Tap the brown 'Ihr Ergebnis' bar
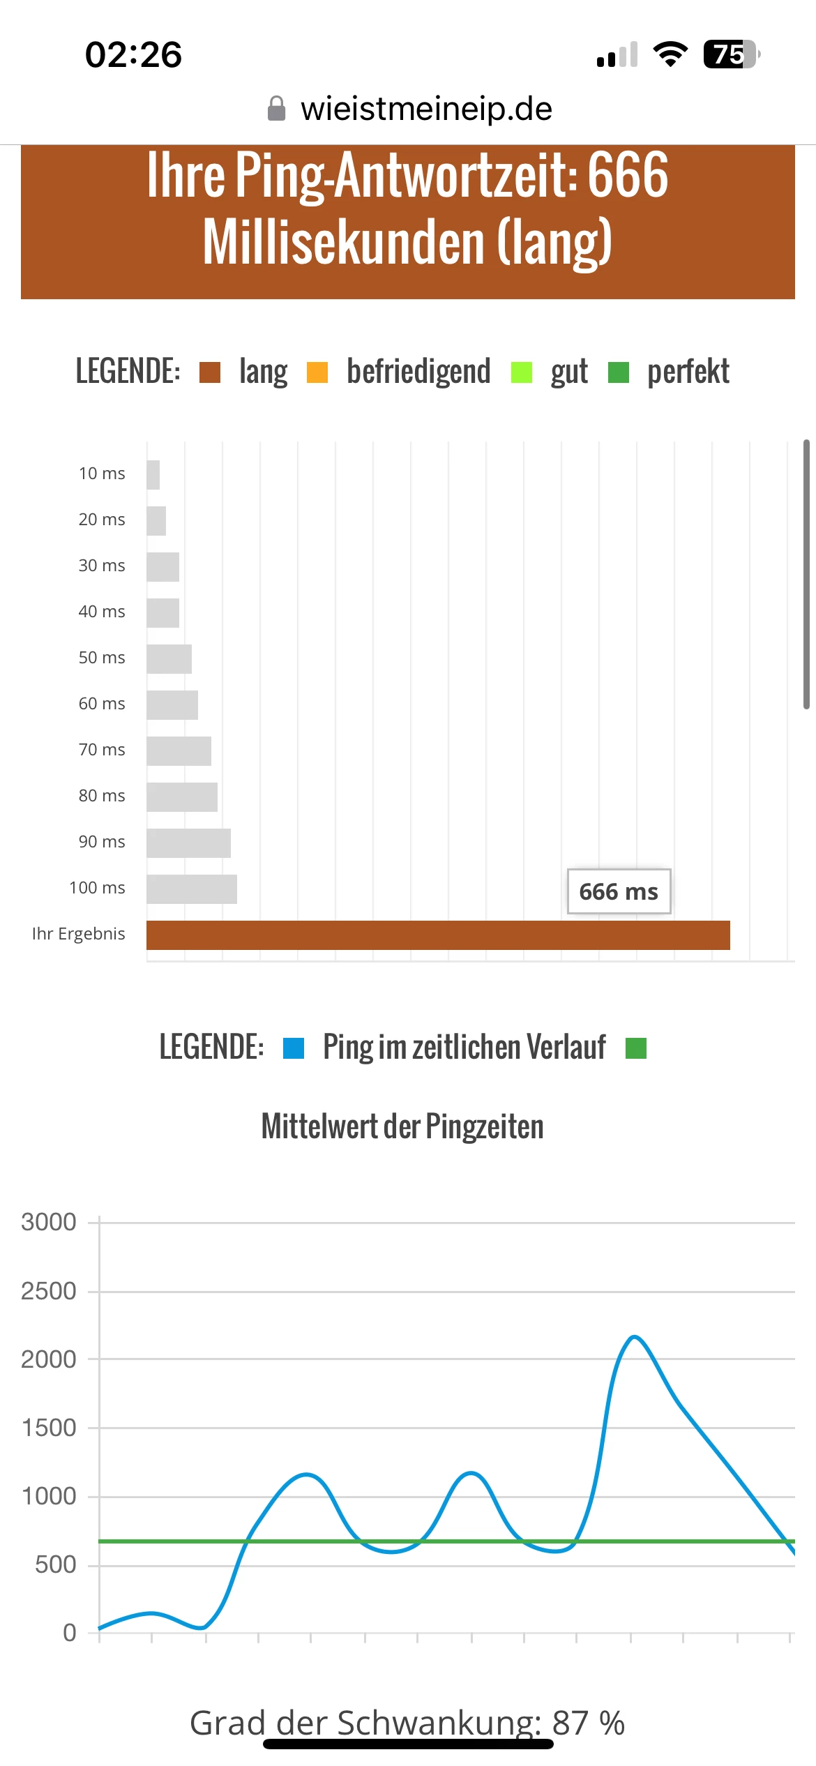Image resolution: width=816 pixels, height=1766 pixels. point(438,935)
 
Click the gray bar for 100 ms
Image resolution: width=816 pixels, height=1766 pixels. point(192,889)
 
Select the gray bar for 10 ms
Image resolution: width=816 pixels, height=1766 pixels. point(153,475)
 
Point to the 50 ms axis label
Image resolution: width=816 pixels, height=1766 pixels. point(102,658)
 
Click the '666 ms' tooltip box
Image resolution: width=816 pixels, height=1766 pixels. point(619,891)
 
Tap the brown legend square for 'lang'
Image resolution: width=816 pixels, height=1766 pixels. point(210,372)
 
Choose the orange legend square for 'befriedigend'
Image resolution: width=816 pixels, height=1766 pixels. point(317,372)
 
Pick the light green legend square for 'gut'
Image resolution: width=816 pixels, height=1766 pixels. point(522,372)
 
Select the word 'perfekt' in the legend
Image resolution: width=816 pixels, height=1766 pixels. point(688,372)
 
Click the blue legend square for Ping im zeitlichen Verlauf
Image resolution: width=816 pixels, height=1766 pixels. point(294,1048)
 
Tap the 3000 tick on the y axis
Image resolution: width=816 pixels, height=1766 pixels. point(49,1222)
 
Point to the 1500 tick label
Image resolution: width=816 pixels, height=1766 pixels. point(49,1428)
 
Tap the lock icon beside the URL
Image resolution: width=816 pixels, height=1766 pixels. point(277,109)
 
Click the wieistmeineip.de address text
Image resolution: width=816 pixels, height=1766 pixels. point(426,109)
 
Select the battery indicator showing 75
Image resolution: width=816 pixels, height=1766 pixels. point(730,54)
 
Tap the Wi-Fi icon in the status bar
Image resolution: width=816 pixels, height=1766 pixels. point(670,54)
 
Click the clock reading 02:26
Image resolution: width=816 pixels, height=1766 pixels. point(133,54)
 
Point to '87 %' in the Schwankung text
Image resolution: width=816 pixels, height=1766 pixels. point(589,1723)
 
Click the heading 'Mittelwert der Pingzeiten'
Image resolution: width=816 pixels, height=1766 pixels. point(402,1126)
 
